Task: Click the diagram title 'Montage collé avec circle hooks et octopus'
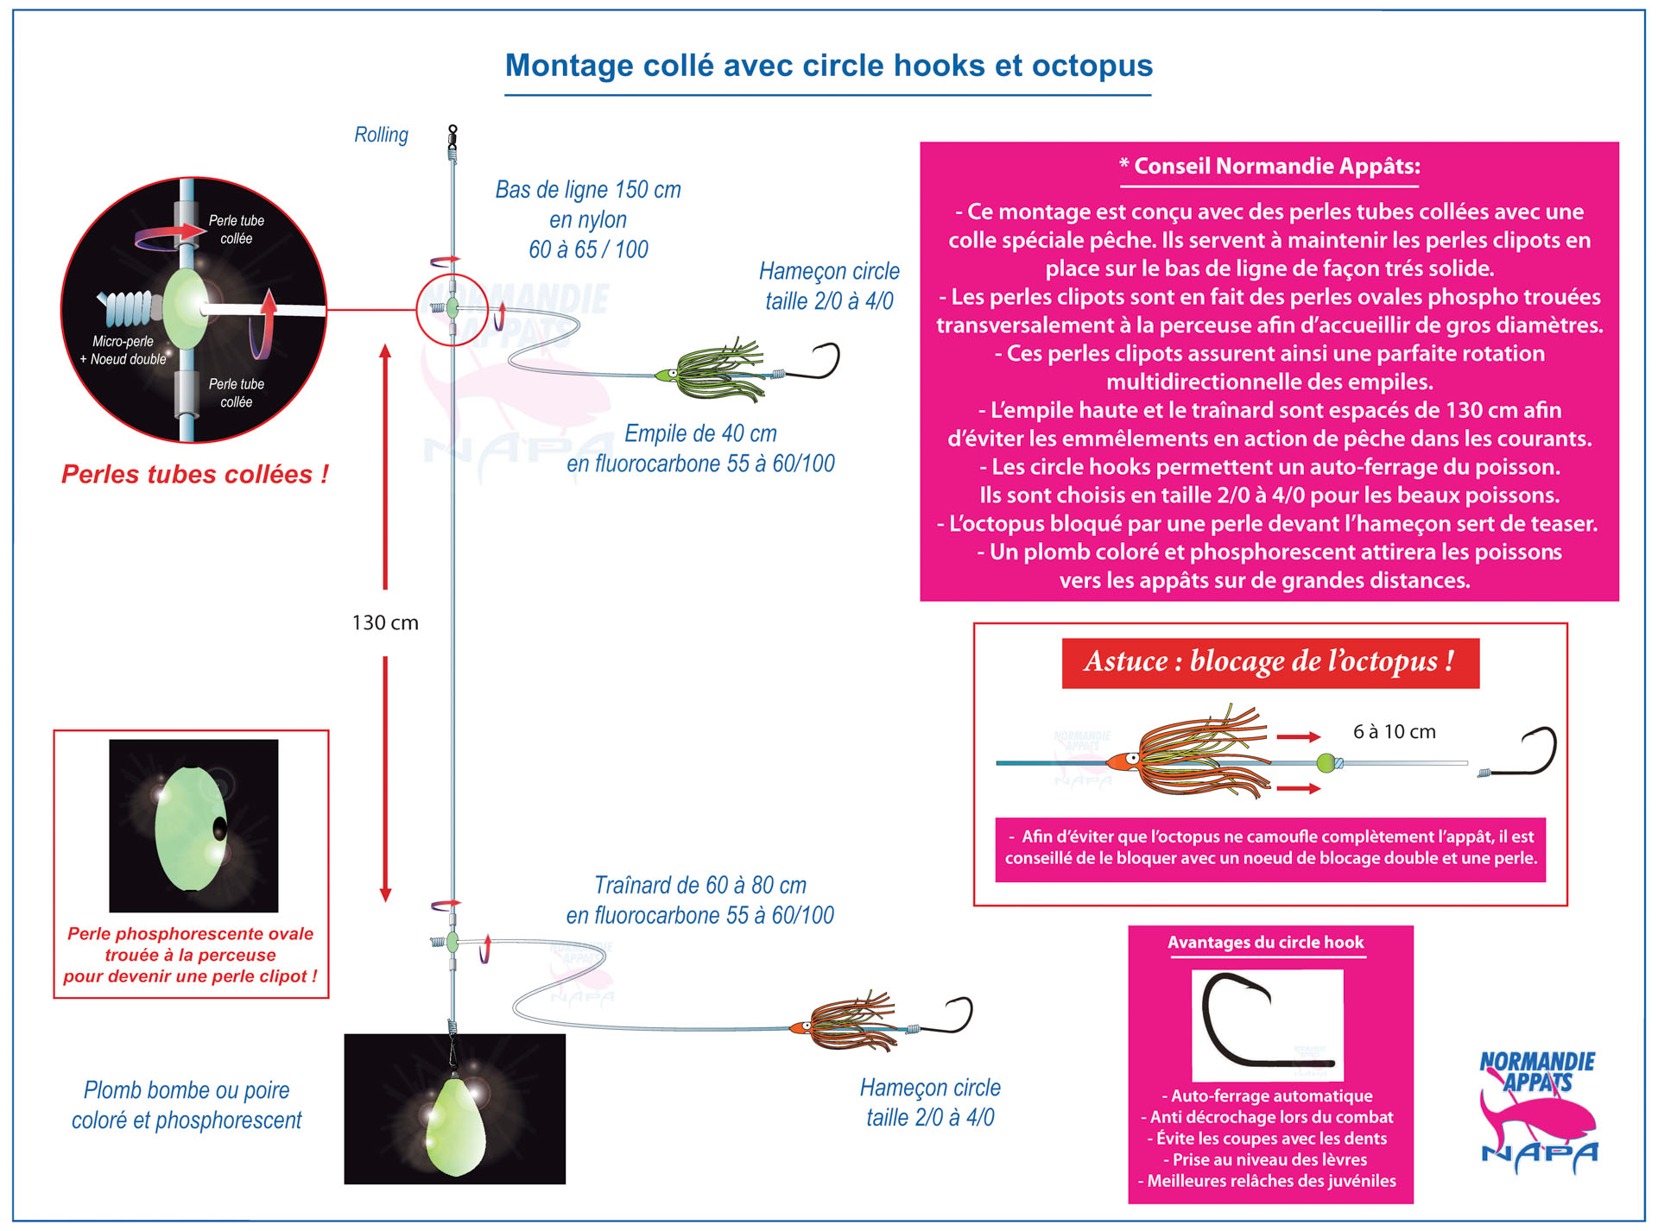[x=828, y=66]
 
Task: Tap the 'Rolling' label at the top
[x=381, y=135]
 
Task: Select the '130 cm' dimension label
[x=385, y=622]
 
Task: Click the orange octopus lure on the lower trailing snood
[x=846, y=1022]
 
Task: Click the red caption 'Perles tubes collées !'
[x=194, y=474]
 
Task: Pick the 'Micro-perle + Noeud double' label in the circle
[x=123, y=350]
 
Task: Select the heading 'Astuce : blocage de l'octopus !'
[x=1269, y=662]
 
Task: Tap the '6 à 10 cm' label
[x=1394, y=731]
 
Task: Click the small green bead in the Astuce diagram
[x=1326, y=762]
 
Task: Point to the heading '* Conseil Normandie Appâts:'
[x=1269, y=166]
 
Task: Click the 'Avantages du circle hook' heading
[x=1266, y=942]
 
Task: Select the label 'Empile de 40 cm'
[x=700, y=432]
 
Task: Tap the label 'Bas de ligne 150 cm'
[x=588, y=189]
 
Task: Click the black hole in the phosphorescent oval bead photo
[x=219, y=828]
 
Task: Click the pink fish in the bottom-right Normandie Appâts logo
[x=1537, y=1122]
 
